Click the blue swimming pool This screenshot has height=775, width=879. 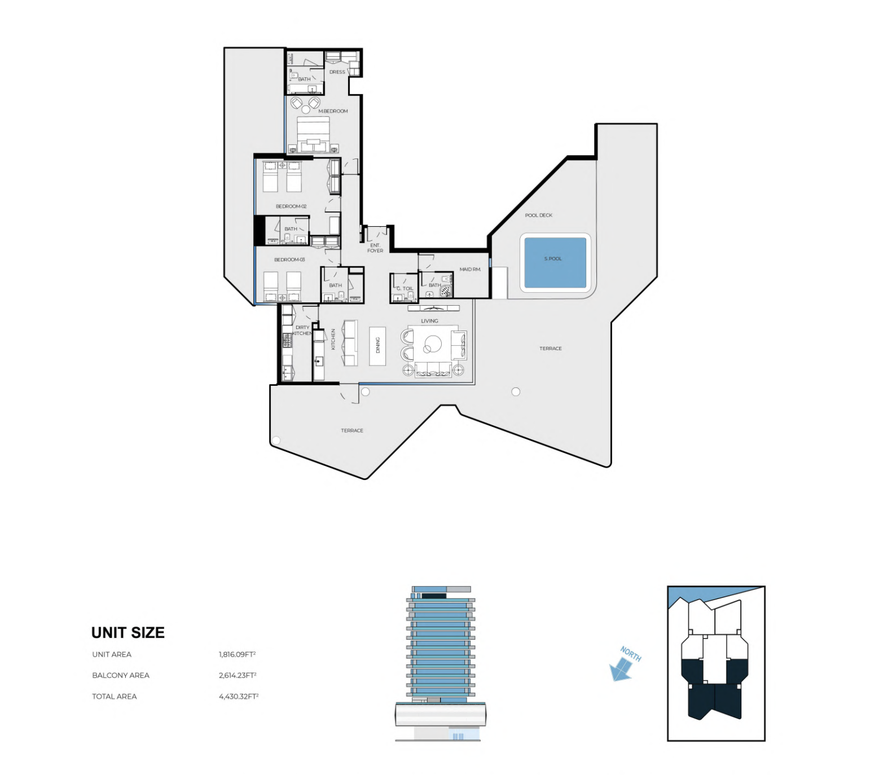[555, 262]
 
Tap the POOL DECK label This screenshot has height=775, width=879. [539, 215]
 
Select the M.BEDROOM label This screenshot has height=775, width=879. [333, 111]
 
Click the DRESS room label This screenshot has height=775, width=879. [337, 72]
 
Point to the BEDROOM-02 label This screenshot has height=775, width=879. [291, 206]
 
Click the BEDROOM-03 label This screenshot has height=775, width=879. [289, 259]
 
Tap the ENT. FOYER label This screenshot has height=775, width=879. [375, 248]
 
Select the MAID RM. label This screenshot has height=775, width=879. [470, 269]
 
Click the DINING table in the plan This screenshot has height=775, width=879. [377, 345]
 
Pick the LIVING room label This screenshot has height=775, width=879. [429, 321]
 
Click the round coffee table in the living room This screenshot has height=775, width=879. [433, 344]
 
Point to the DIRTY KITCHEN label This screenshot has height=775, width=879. [302, 330]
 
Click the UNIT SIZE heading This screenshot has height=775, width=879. [128, 633]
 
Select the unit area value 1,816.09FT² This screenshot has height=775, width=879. [237, 654]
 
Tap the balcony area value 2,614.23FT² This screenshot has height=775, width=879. [238, 675]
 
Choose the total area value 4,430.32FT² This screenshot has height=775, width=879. [239, 696]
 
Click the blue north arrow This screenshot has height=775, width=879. [621, 670]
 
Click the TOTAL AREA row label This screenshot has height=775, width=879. [115, 697]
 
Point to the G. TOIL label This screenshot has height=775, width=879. [405, 289]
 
